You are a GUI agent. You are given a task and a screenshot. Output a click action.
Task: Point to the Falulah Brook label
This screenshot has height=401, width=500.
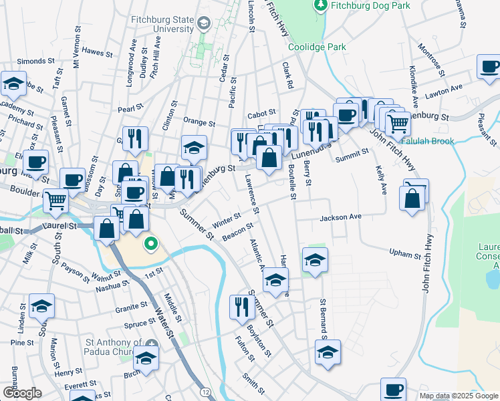[x=428, y=141]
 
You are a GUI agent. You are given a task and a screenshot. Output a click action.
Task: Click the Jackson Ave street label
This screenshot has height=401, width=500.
[x=340, y=217]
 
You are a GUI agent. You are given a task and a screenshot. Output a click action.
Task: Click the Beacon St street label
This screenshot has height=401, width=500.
[x=240, y=231]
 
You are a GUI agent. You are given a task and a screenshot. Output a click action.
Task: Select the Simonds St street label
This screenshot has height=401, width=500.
[x=31, y=61]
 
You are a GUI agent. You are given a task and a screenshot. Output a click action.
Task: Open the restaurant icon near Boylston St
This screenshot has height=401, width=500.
[x=241, y=307]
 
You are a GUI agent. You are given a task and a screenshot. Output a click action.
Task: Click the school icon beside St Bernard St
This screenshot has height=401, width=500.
[x=328, y=352]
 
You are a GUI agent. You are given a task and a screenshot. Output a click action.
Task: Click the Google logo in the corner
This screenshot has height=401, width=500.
[x=22, y=393]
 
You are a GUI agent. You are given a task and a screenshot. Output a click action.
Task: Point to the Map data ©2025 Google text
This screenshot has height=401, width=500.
[x=459, y=396]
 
